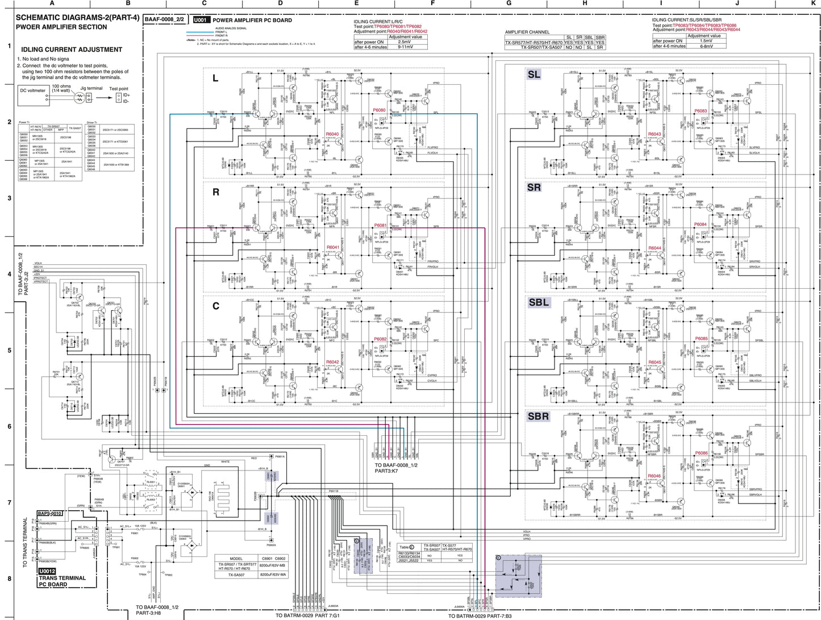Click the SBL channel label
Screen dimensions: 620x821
[x=539, y=302]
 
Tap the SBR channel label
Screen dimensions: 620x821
[x=539, y=417]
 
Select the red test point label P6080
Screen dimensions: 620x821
[x=379, y=110]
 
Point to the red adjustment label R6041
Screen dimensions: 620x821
[x=332, y=248]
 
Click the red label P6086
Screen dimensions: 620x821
[x=701, y=453]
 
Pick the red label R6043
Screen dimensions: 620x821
[x=655, y=135]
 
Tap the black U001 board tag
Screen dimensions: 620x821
[x=199, y=20]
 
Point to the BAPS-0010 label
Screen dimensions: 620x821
[x=50, y=513]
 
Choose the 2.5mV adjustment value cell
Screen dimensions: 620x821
[x=405, y=41]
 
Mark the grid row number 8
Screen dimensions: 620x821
[x=9, y=579]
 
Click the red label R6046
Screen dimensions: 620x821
[x=655, y=476]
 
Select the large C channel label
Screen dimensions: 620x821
[x=215, y=306]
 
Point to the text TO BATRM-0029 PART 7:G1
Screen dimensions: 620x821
[x=307, y=615]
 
